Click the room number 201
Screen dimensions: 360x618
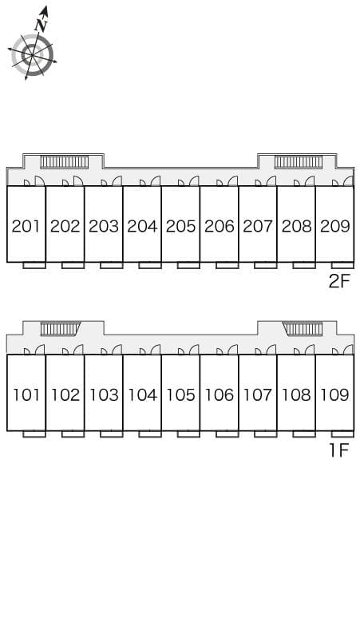click(26, 226)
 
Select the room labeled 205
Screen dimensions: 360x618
click(180, 226)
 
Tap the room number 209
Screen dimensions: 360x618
click(335, 226)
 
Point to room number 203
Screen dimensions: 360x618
click(104, 226)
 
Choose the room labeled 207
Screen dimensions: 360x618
click(258, 226)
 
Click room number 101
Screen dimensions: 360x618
click(27, 394)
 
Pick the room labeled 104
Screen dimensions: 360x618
click(143, 394)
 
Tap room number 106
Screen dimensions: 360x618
click(220, 394)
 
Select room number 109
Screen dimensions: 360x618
click(335, 394)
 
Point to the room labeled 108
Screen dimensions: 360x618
click(297, 394)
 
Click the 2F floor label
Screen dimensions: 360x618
click(339, 281)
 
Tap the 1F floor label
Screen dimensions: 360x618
click(339, 450)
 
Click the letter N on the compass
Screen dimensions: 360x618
click(41, 26)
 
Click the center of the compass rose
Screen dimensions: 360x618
click(31, 55)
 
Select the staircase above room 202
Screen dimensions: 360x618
click(65, 162)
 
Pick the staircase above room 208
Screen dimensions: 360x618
click(299, 162)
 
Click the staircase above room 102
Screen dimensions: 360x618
click(60, 329)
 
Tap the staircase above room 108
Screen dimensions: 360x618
click(303, 329)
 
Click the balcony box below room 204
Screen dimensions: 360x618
click(150, 265)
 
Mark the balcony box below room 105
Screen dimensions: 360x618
click(188, 434)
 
